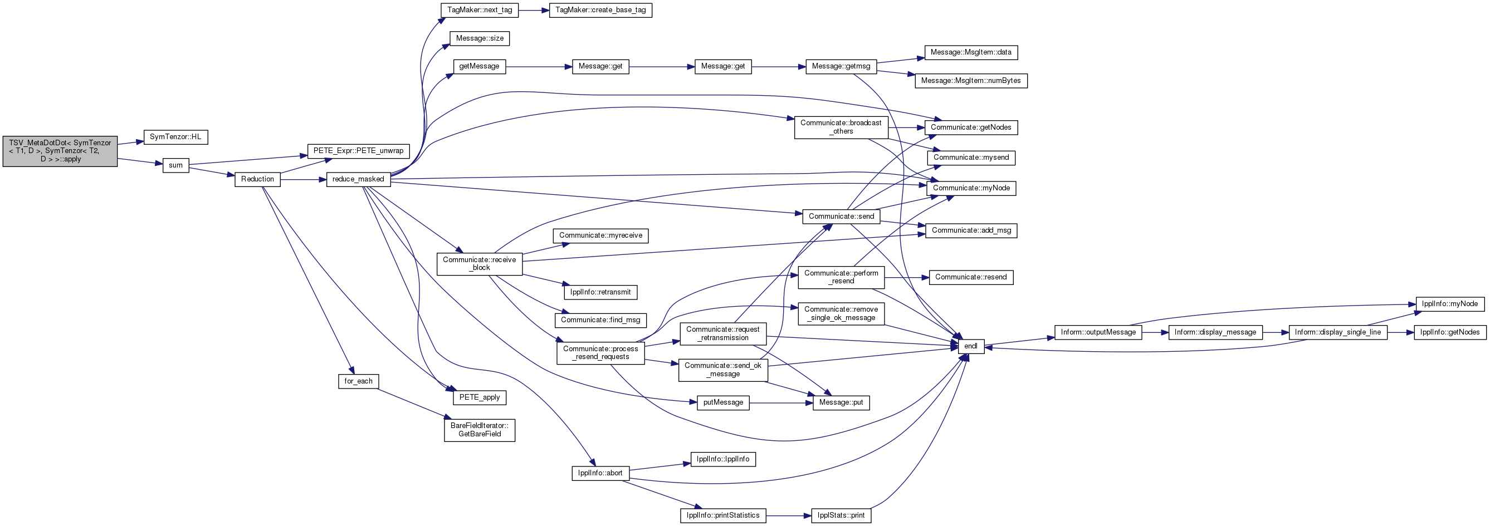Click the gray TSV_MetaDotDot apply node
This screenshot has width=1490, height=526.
pyautogui.click(x=60, y=151)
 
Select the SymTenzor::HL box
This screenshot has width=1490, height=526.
pyautogui.click(x=175, y=137)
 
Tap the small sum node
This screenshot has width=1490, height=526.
pyautogui.click(x=176, y=165)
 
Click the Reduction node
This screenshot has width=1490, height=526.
pyautogui.click(x=257, y=179)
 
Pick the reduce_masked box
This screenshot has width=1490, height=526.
pyautogui.click(x=358, y=179)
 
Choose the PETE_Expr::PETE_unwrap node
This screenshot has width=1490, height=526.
pyautogui.click(x=358, y=151)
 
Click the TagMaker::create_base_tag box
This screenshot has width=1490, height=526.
pyautogui.click(x=600, y=11)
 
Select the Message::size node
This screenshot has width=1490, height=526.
pyautogui.click(x=480, y=39)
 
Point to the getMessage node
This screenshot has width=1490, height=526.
pyautogui.click(x=479, y=66)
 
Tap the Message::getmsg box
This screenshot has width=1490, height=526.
pyautogui.click(x=841, y=66)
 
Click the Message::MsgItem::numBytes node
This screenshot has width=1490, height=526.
pyautogui.click(x=971, y=81)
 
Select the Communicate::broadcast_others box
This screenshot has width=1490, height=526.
pyautogui.click(x=841, y=127)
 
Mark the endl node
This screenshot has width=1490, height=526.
pyautogui.click(x=971, y=347)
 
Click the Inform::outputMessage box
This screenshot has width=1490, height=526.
pyautogui.click(x=1098, y=332)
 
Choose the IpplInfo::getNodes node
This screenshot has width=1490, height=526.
pyautogui.click(x=1450, y=332)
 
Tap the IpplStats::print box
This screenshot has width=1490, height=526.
pyautogui.click(x=842, y=515)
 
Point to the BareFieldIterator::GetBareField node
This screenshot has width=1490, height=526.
pyautogui.click(x=480, y=430)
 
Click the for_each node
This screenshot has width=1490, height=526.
pyautogui.click(x=359, y=381)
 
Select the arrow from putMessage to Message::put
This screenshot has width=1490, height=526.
pyautogui.click(x=781, y=403)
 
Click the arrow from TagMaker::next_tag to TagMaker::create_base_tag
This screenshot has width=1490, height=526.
pyautogui.click(x=534, y=11)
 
